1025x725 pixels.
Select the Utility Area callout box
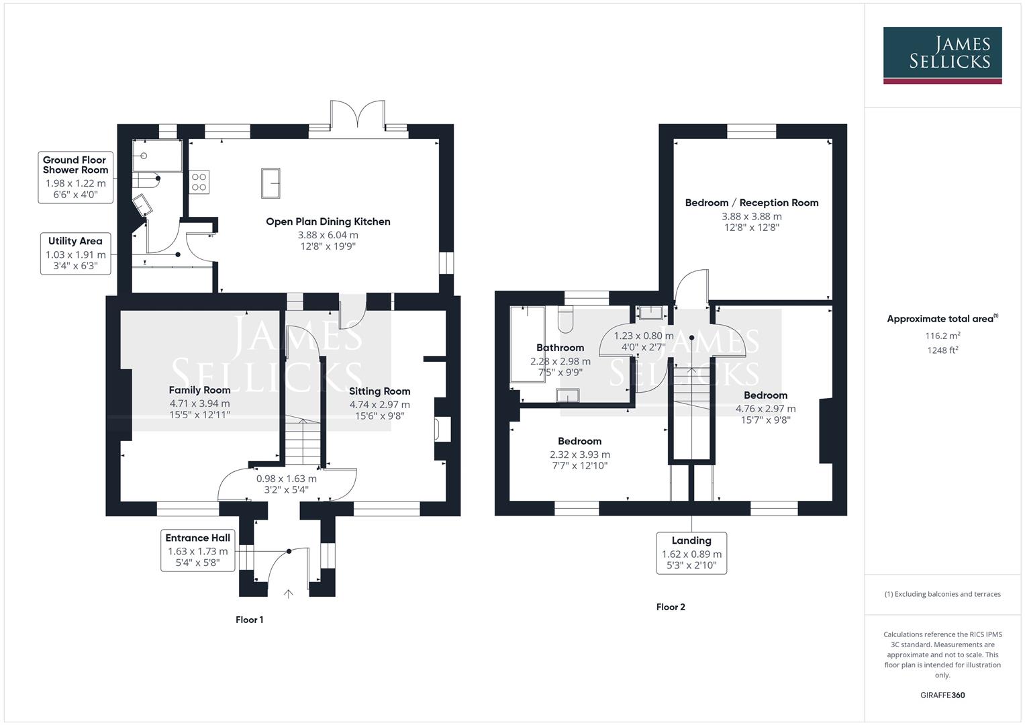tap(75, 254)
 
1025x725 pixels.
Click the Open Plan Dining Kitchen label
tap(328, 222)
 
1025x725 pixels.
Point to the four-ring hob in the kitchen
tap(199, 181)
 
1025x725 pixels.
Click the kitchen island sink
tap(272, 183)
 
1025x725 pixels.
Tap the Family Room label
tap(199, 390)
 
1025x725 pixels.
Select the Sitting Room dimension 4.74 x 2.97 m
tap(379, 405)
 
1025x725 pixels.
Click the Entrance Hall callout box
tap(197, 550)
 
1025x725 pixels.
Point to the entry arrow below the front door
tap(289, 593)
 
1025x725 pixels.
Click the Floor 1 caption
tap(249, 620)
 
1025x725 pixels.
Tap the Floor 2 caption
tap(671, 607)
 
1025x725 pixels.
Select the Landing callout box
tap(691, 552)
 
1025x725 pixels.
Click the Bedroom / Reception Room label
tap(751, 203)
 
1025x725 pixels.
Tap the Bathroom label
tap(560, 348)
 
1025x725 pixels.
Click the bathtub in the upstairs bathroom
tap(528, 344)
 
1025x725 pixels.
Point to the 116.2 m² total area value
tap(942, 336)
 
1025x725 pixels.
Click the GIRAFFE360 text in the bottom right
tap(942, 695)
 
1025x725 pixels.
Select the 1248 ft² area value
tap(942, 350)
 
